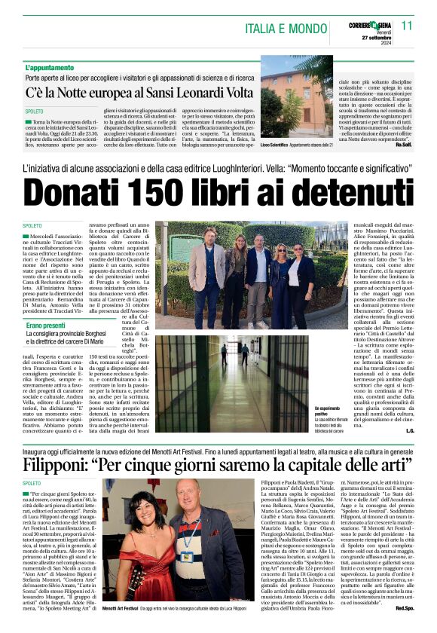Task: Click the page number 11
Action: (407, 25)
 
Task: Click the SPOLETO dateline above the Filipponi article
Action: (32, 482)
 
